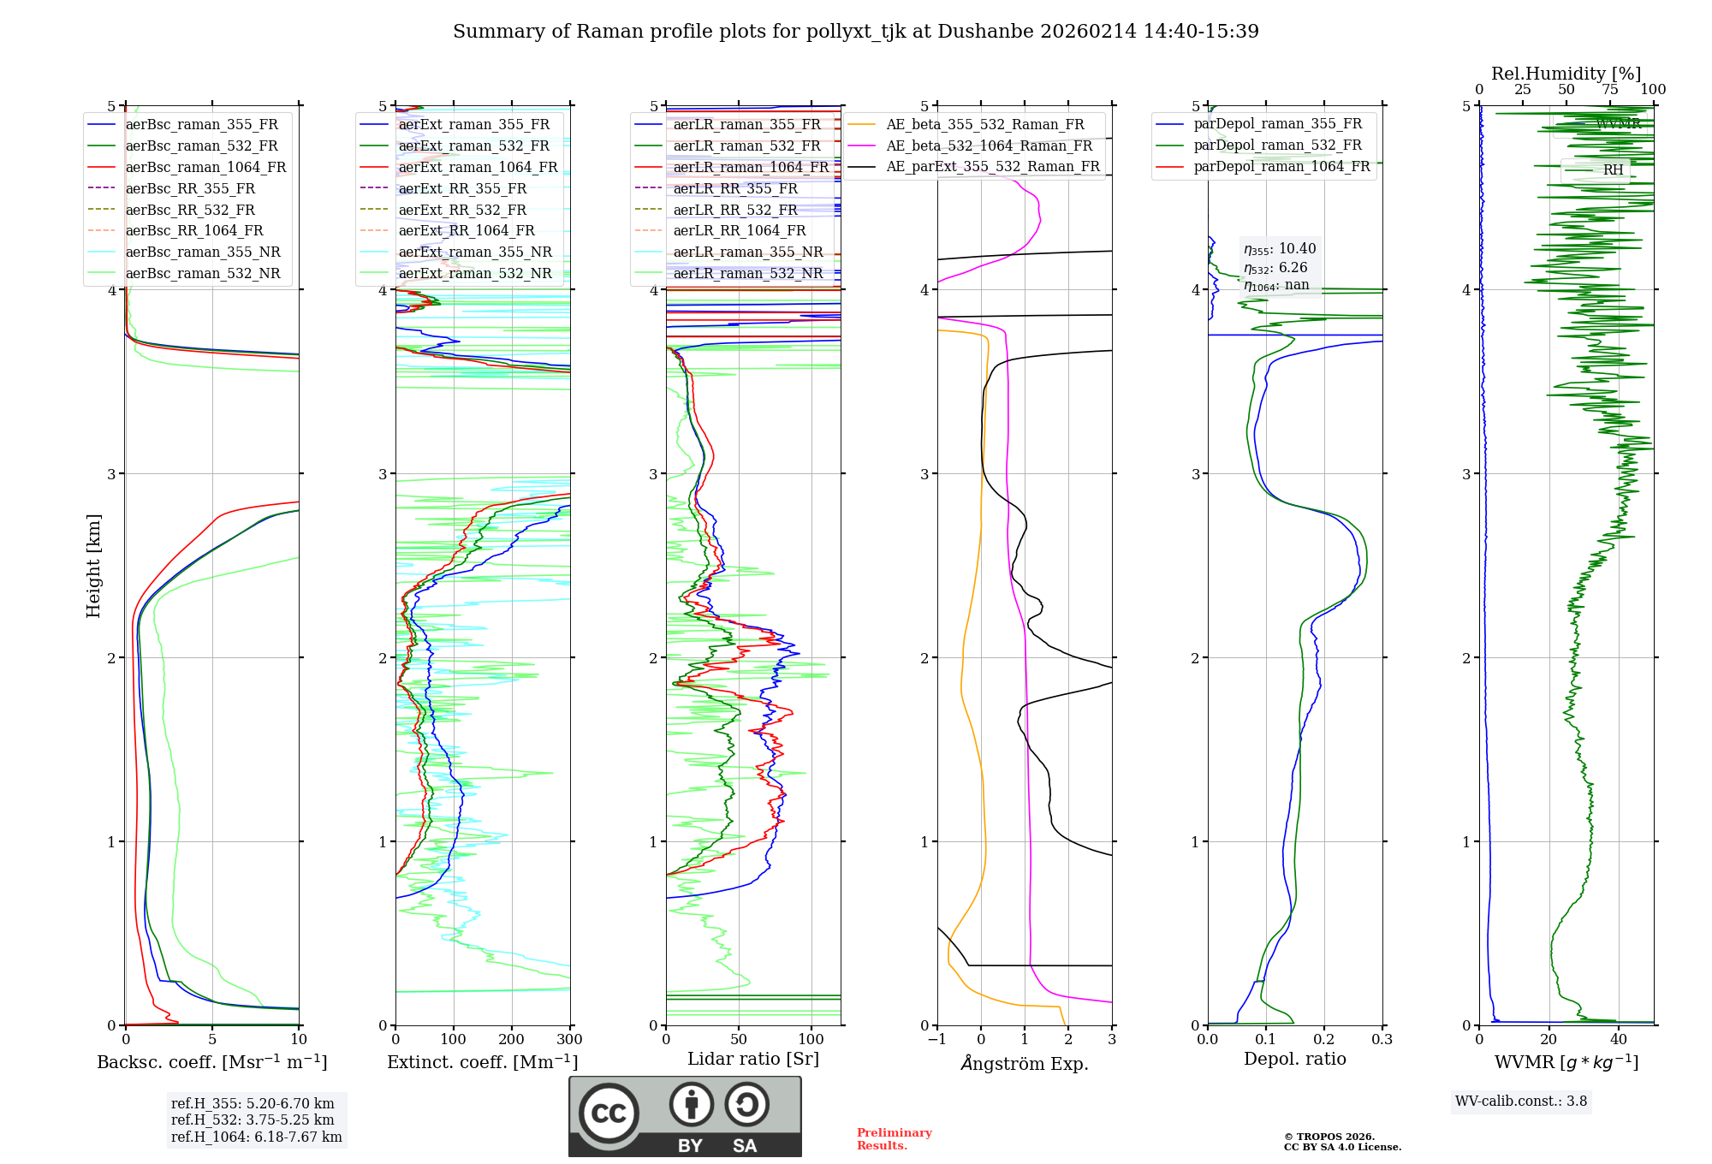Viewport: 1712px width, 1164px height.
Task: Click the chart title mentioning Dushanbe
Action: point(856,32)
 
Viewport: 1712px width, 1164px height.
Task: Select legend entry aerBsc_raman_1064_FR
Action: point(205,167)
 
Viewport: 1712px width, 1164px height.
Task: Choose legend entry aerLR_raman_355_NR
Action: point(747,252)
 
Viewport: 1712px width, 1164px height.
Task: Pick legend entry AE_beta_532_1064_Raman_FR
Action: point(989,145)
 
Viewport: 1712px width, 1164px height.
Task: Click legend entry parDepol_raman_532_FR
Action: point(1277,145)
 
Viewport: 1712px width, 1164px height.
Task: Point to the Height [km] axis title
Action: point(93,566)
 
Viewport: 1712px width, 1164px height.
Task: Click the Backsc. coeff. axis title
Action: point(212,1062)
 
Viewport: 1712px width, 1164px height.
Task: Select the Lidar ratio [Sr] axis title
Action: point(753,1059)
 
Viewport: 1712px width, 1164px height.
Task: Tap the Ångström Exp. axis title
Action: point(1025,1063)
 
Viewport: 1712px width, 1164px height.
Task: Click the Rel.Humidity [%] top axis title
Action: point(1566,74)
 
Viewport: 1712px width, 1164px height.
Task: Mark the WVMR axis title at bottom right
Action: point(1566,1062)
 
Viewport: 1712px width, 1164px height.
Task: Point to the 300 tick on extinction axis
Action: point(569,1040)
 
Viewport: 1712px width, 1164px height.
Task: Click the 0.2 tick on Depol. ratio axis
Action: point(1324,1040)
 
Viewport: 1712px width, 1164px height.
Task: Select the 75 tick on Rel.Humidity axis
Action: point(1610,90)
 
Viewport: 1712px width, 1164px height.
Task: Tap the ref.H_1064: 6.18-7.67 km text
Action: point(256,1137)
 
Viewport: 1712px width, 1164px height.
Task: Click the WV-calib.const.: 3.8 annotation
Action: point(1521,1101)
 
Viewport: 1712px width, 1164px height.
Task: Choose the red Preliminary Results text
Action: point(894,1139)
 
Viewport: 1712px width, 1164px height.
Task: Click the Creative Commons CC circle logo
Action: point(609,1113)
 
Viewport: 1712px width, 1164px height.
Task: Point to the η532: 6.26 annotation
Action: point(1275,267)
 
